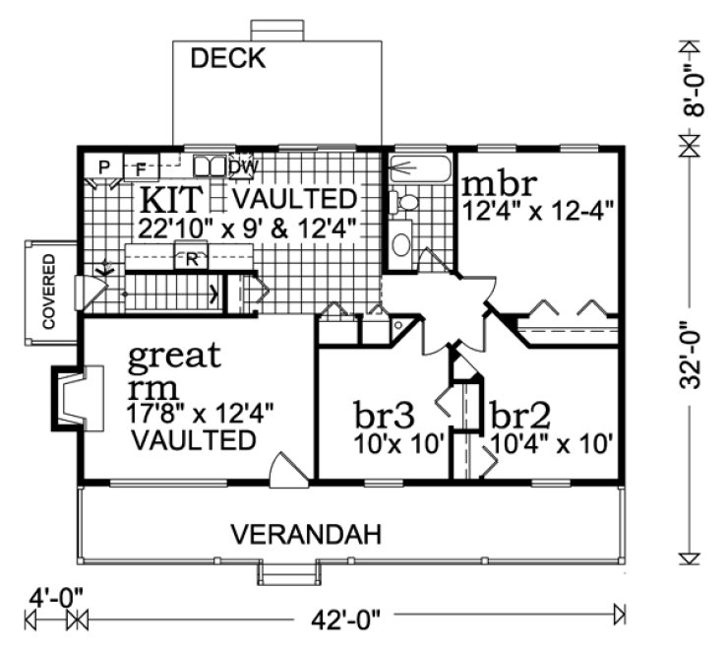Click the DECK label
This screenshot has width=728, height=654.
(227, 59)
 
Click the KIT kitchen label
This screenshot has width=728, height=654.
(174, 199)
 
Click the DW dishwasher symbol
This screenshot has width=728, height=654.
(243, 166)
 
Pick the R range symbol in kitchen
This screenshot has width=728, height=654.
(192, 261)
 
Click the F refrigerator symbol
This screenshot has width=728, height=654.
(140, 166)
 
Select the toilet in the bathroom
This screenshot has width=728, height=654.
(404, 203)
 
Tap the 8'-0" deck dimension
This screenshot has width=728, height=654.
(692, 95)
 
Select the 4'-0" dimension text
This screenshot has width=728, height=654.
(51, 596)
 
